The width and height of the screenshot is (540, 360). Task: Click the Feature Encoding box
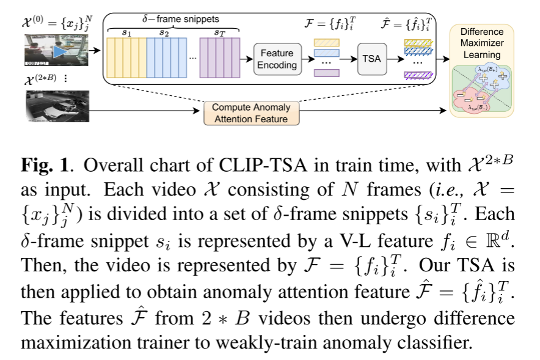(277, 59)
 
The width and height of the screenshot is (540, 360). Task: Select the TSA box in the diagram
(372, 59)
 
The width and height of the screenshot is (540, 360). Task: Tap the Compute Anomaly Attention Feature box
(251, 113)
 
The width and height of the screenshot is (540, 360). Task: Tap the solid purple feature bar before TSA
(327, 73)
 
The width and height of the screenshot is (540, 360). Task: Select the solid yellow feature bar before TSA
(327, 42)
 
